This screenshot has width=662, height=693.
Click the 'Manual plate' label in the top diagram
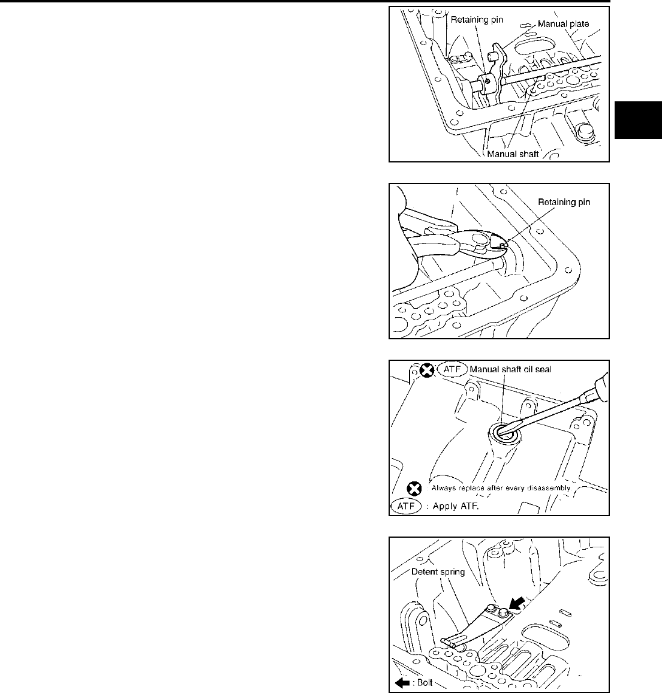563,25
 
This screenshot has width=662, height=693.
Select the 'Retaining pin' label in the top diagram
477,20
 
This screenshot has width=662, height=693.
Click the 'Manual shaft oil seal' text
510,369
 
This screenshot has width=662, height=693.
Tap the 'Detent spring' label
438,571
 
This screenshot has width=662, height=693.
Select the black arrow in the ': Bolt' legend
401,682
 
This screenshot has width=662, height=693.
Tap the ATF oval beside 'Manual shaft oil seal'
452,369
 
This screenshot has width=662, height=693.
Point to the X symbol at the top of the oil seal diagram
426,370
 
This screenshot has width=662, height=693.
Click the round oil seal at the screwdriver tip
501,432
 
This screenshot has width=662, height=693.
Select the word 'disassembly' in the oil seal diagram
546,488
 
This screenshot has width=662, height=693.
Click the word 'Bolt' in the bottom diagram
425,682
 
